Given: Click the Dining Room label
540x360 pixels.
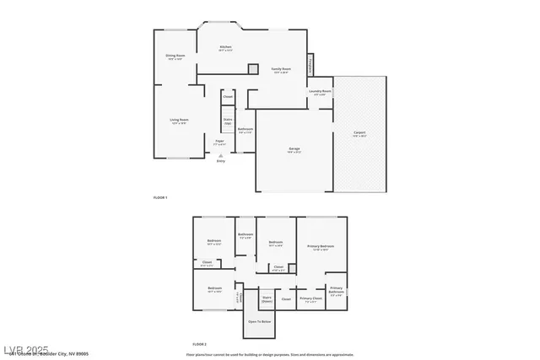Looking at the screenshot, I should [175, 57].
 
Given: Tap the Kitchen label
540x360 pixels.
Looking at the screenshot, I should [225, 48].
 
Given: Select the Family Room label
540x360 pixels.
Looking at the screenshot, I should [281, 70].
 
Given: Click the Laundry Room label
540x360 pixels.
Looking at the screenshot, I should [320, 92].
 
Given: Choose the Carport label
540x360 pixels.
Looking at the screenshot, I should [359, 133].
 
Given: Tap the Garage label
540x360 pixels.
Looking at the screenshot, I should [294, 150].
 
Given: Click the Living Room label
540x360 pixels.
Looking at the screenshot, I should [179, 121].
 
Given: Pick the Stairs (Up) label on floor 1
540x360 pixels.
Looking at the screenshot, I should [228, 121].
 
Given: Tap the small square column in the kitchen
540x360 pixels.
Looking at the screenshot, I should [252, 68].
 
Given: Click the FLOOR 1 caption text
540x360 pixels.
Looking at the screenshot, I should [160, 197].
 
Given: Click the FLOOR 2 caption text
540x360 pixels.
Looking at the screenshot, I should [199, 344].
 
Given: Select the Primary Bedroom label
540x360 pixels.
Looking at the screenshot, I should [321, 247].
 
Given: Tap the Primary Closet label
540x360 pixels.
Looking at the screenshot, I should [310, 298].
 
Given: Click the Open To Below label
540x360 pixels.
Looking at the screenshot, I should [259, 321].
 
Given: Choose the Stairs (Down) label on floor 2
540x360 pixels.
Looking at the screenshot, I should [267, 298].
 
